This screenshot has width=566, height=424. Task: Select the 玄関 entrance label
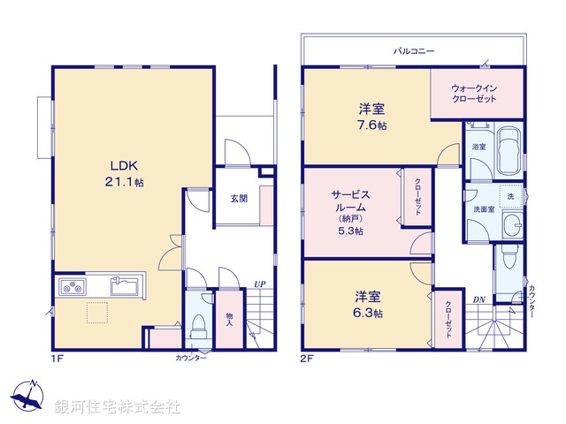click(239, 199)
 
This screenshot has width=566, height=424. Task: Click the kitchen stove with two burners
click(73, 286)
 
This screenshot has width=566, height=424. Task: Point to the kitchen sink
click(123, 286)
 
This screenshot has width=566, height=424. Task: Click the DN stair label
click(478, 300)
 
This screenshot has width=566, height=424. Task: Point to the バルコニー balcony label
click(414, 52)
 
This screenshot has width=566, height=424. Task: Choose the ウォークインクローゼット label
click(473, 94)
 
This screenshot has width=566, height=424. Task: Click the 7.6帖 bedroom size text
click(371, 125)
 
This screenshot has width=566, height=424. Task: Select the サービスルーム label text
click(350, 201)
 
